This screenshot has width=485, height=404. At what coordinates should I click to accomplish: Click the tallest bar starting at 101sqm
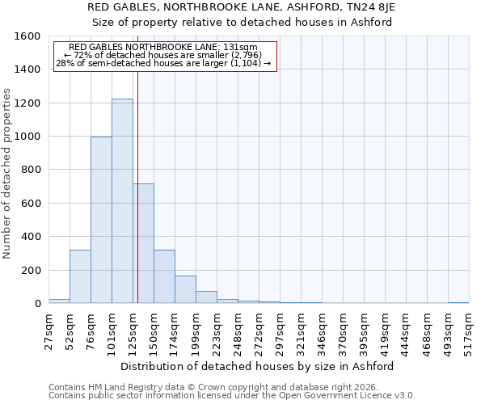pos(122,201)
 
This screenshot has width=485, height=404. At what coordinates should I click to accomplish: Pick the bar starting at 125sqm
pos(144,243)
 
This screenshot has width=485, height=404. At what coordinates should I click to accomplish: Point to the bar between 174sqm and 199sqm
pos(185,289)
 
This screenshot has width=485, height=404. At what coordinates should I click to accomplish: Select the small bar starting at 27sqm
pos(59,301)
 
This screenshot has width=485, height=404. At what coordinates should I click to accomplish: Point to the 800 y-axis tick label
pos(31,170)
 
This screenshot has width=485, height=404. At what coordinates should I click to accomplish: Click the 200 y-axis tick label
pos(31,270)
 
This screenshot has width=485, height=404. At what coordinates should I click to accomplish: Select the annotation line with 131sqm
pos(164,47)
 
